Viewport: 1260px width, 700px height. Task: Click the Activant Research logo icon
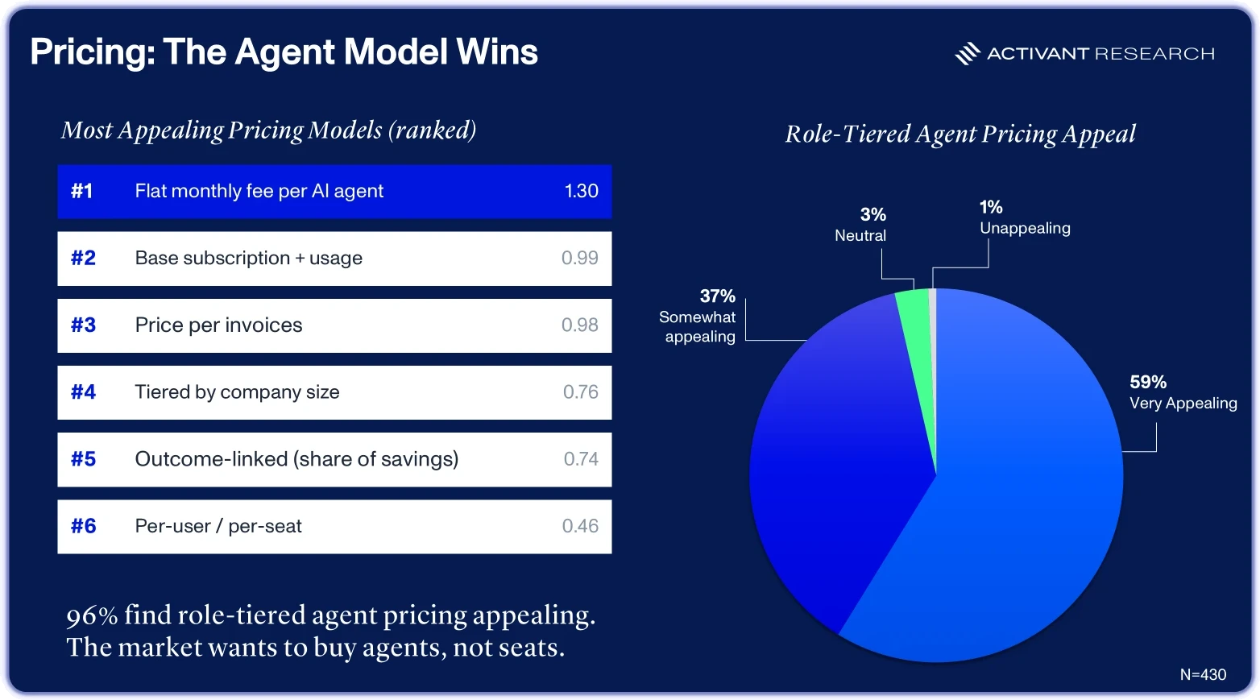pyautogui.click(x=968, y=53)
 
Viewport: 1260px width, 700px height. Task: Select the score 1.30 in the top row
pyautogui.click(x=581, y=191)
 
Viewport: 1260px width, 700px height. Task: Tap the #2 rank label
pyautogui.click(x=83, y=258)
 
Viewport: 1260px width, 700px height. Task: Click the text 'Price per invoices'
pyautogui.click(x=218, y=325)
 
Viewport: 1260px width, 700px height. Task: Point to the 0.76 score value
pyautogui.click(x=581, y=392)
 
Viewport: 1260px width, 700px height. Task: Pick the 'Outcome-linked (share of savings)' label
pyautogui.click(x=296, y=459)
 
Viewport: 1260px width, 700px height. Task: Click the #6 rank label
pyautogui.click(x=83, y=526)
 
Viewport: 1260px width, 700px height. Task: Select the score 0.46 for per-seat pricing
pyautogui.click(x=580, y=526)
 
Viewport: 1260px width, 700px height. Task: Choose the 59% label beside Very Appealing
pyautogui.click(x=1148, y=383)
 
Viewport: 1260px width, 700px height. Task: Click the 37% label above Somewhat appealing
pyautogui.click(x=717, y=296)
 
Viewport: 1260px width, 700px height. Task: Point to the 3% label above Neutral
pyautogui.click(x=873, y=214)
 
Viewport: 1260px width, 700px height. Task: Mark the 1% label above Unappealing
pyautogui.click(x=991, y=207)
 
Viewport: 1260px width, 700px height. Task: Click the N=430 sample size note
pyautogui.click(x=1203, y=675)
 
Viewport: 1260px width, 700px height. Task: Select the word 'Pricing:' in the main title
pyautogui.click(x=93, y=52)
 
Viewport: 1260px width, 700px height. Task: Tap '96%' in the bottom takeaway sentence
pyautogui.click(x=93, y=615)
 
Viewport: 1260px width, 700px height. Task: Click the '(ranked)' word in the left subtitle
pyautogui.click(x=432, y=130)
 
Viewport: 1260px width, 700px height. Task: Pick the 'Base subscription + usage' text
pyautogui.click(x=249, y=258)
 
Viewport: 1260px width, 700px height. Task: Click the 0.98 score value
pyautogui.click(x=580, y=325)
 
